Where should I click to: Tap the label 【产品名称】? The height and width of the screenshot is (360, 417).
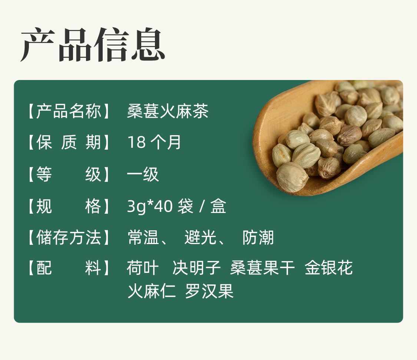click(69, 111)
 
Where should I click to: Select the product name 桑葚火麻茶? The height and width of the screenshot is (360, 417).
click(168, 111)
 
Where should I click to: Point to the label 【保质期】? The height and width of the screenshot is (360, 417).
click(69, 142)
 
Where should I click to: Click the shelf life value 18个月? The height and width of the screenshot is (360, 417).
click(154, 142)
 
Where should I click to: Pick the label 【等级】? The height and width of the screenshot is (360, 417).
click(69, 174)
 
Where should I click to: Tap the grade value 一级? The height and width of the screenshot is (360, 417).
click(143, 174)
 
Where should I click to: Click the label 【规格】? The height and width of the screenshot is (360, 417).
click(69, 206)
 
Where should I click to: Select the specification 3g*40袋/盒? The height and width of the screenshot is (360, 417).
click(176, 206)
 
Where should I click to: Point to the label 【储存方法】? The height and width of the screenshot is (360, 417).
click(69, 237)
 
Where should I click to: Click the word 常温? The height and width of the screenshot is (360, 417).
click(143, 237)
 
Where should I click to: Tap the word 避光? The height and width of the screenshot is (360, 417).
click(200, 237)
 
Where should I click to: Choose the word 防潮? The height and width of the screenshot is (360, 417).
click(258, 237)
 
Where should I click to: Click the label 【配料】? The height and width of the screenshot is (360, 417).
click(69, 267)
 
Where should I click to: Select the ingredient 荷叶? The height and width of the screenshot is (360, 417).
click(143, 267)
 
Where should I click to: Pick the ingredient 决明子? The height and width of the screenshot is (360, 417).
click(196, 267)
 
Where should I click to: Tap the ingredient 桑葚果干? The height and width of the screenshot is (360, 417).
click(262, 267)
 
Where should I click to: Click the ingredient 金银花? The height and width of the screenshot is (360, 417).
click(329, 267)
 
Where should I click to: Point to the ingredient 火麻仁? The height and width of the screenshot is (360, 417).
click(152, 291)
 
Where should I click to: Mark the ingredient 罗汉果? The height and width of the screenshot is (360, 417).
click(209, 291)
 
